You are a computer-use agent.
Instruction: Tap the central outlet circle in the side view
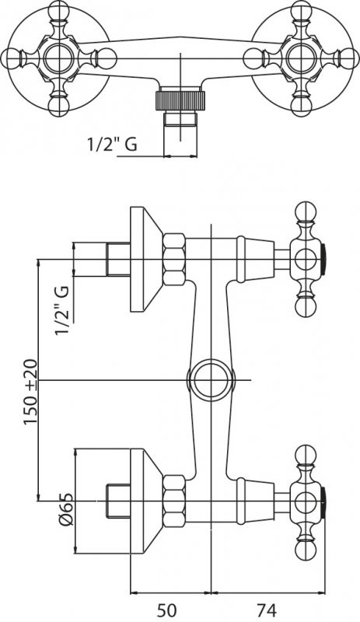(211, 380)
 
